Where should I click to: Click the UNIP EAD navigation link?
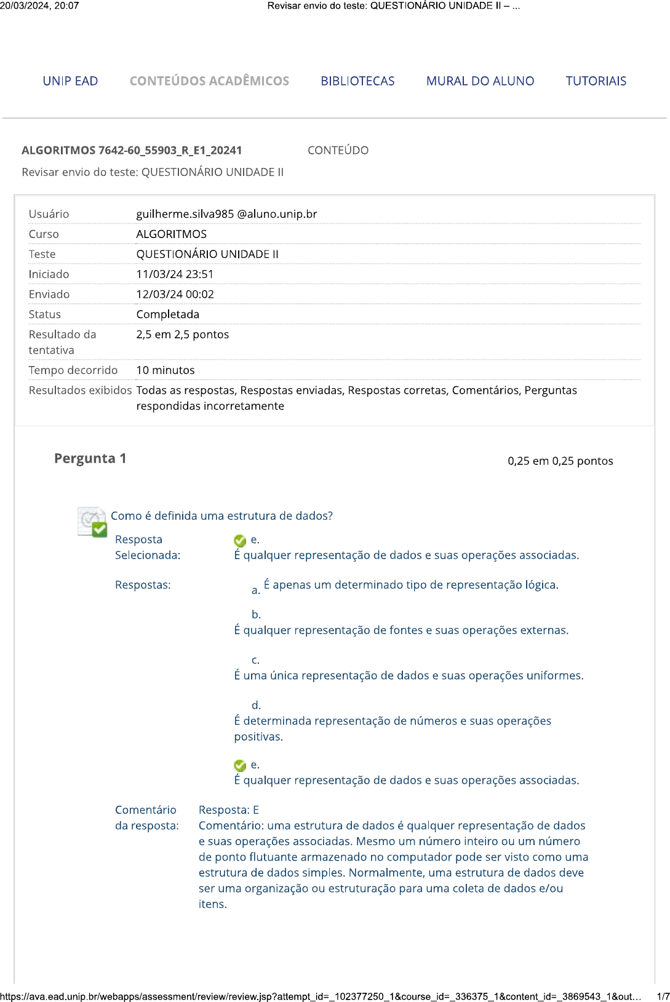pyautogui.click(x=70, y=81)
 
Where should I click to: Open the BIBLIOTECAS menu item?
pyautogui.click(x=357, y=81)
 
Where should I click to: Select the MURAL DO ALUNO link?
pyautogui.click(x=480, y=81)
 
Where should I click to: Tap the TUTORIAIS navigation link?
pyautogui.click(x=596, y=81)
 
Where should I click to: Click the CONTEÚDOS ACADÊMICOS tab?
pyautogui.click(x=209, y=81)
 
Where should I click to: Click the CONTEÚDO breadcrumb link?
pyautogui.click(x=338, y=151)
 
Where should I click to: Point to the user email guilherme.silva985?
pyautogui.click(x=226, y=214)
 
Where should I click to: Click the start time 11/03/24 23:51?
pyautogui.click(x=175, y=274)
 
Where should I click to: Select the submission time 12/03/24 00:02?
pyautogui.click(x=175, y=295)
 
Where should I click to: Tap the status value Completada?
pyautogui.click(x=167, y=314)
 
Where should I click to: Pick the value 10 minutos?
pyautogui.click(x=165, y=370)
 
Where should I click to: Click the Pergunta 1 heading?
pyautogui.click(x=90, y=459)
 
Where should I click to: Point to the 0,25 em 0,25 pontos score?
pyautogui.click(x=560, y=461)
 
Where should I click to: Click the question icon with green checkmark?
pyautogui.click(x=92, y=522)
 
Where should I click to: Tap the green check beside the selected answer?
pyautogui.click(x=240, y=541)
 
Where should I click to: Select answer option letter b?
pyautogui.click(x=256, y=614)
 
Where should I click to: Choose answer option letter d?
pyautogui.click(x=256, y=706)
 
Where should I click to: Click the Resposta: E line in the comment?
pyautogui.click(x=228, y=810)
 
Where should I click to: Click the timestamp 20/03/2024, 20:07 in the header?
pyautogui.click(x=39, y=6)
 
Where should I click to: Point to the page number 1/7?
pyautogui.click(x=663, y=996)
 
